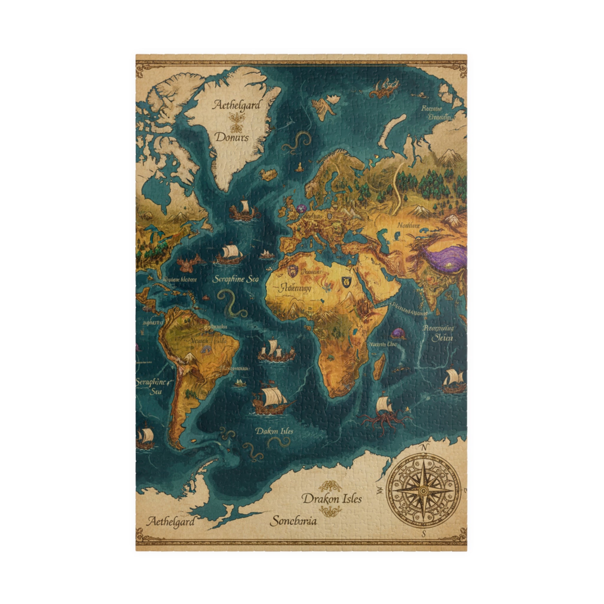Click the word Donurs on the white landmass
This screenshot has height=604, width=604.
point(232,137)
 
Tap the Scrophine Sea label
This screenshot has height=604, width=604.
point(235,279)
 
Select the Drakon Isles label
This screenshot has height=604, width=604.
point(332,499)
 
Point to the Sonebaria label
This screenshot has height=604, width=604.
point(293,521)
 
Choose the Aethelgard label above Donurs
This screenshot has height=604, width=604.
point(236,105)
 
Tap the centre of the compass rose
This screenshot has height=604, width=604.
point(423,491)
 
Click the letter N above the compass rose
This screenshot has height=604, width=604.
point(424,448)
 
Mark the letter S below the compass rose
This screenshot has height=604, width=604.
point(424,533)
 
